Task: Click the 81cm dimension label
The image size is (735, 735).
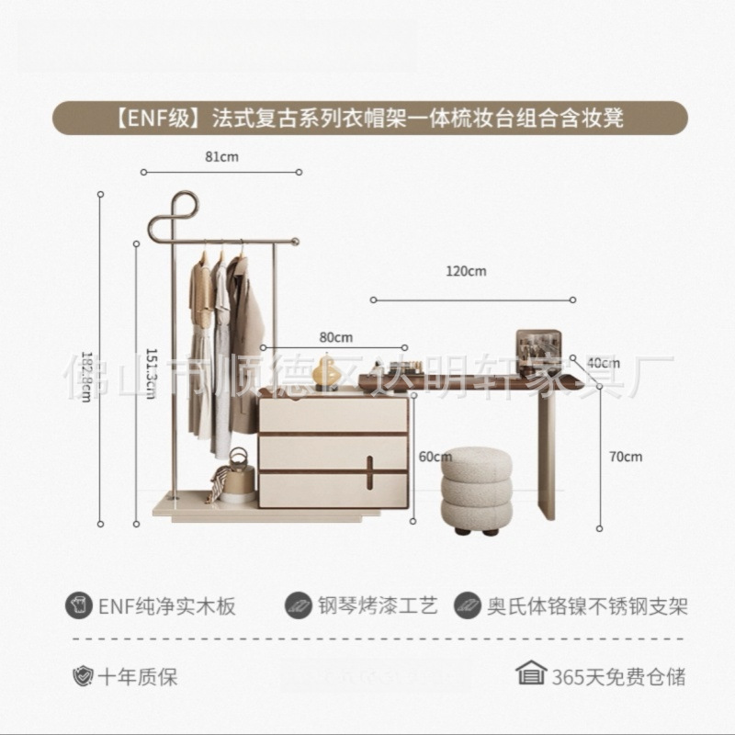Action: point(221,157)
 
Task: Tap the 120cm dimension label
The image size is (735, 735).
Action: point(467,271)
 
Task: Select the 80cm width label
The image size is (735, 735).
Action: point(334,336)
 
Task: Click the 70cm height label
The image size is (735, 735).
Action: point(627,457)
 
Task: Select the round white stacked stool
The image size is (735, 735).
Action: point(477,489)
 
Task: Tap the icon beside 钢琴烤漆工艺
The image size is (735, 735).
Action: point(299,606)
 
